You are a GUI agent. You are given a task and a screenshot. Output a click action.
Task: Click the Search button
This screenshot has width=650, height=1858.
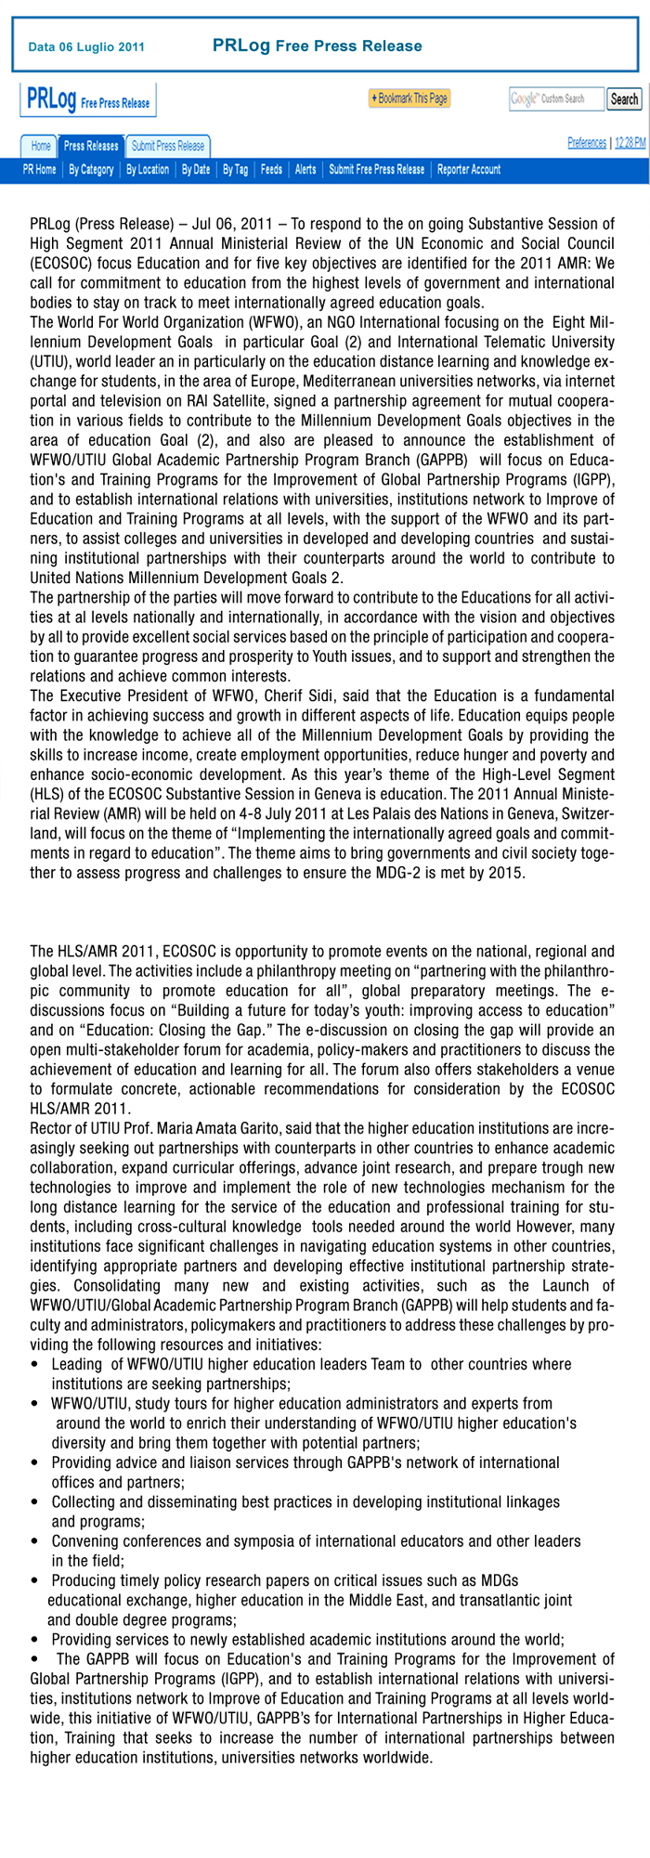tap(624, 99)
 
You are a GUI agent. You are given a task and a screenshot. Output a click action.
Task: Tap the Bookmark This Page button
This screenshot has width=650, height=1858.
tap(409, 98)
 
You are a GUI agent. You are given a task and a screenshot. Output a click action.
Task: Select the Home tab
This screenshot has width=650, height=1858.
tap(41, 146)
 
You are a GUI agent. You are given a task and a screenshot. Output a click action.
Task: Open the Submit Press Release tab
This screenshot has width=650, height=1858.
tap(168, 146)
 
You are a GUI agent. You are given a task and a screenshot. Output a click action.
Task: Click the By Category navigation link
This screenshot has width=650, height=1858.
tap(91, 169)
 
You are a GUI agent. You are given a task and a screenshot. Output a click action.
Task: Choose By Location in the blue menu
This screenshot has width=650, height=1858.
tap(148, 169)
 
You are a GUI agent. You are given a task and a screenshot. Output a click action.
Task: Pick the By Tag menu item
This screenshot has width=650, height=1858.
tap(235, 169)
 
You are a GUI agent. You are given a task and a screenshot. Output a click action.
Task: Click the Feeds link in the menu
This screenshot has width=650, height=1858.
tap(271, 169)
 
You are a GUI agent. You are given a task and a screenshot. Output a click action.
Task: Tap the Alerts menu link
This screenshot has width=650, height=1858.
tap(305, 169)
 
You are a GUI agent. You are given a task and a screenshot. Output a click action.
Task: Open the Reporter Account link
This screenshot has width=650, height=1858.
tap(469, 169)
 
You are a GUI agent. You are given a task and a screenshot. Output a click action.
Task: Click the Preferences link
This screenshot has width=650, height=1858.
tap(587, 142)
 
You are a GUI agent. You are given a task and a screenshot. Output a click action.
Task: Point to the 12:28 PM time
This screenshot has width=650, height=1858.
tap(630, 142)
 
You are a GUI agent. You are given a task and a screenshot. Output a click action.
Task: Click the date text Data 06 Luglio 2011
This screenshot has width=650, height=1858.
tap(86, 46)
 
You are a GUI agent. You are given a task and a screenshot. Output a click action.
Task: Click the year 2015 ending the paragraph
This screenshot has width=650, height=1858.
tap(509, 874)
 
